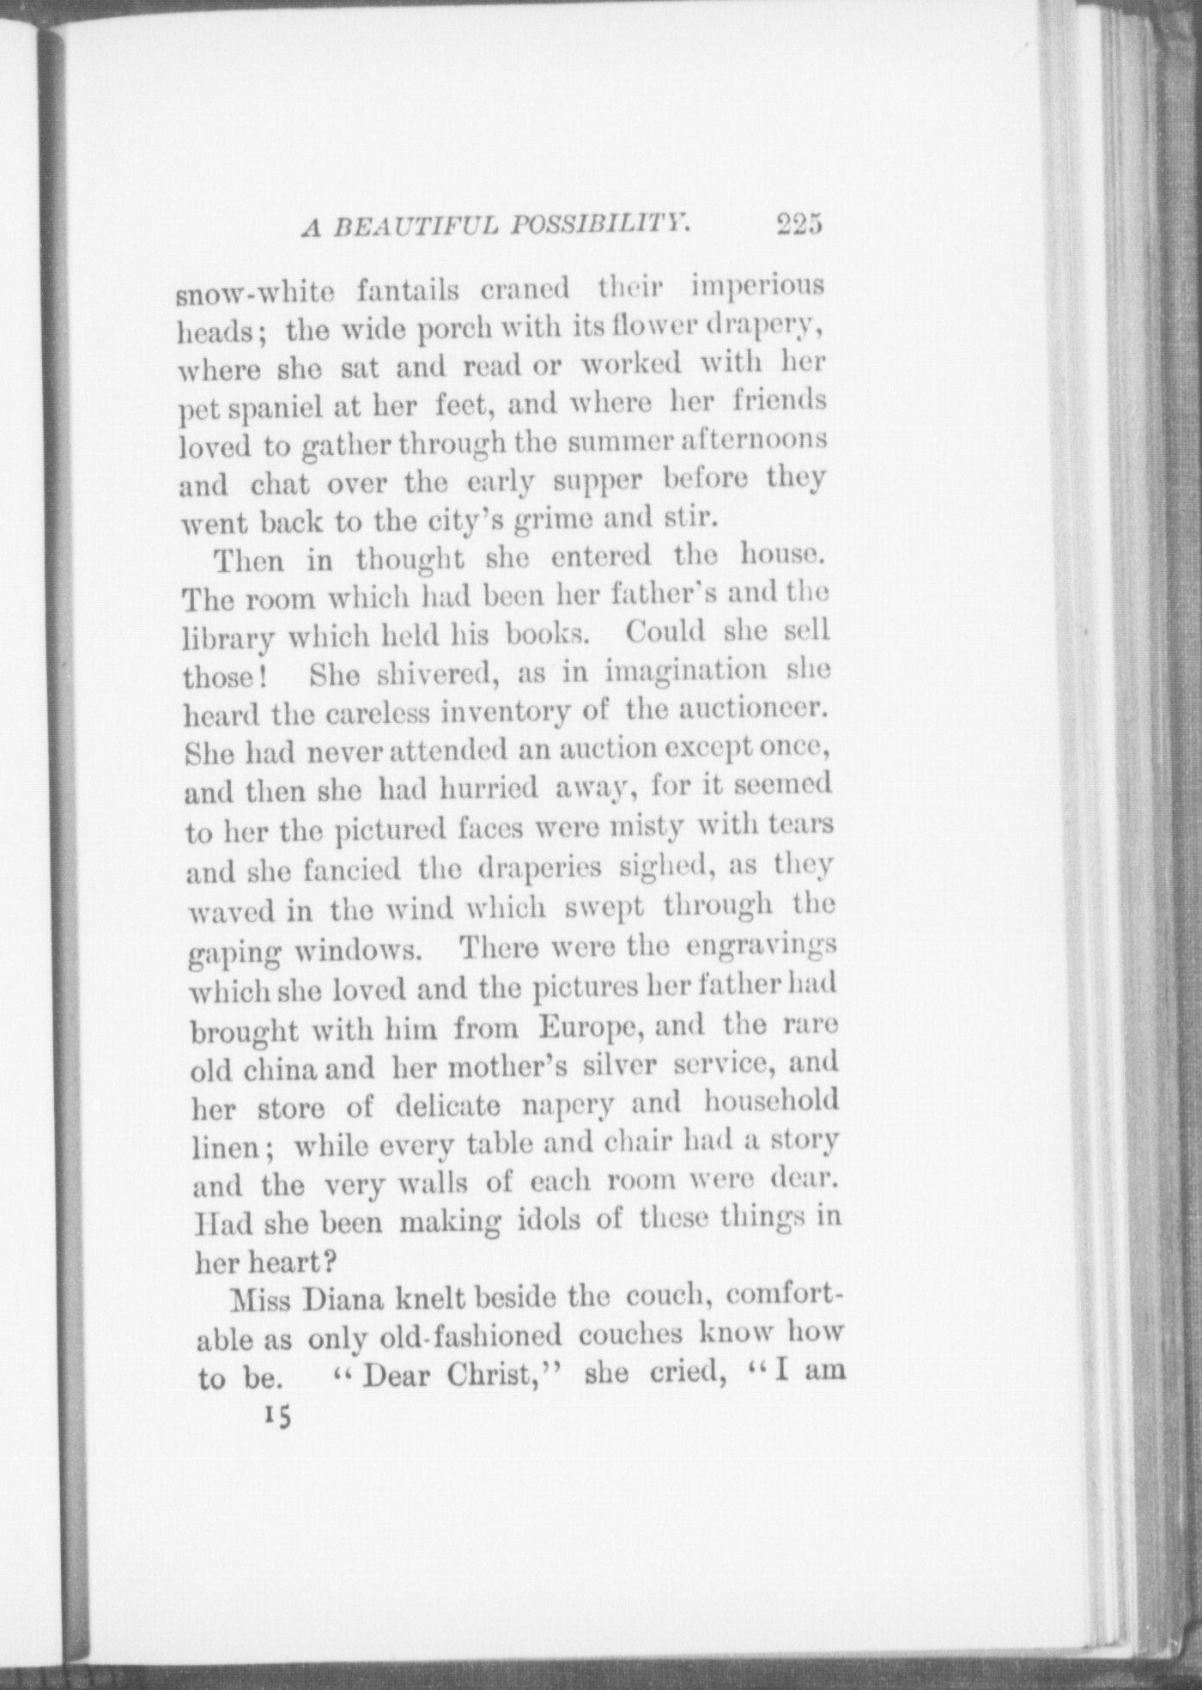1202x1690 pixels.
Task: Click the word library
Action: click(x=228, y=639)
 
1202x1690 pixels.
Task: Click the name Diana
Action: click(x=339, y=1298)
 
